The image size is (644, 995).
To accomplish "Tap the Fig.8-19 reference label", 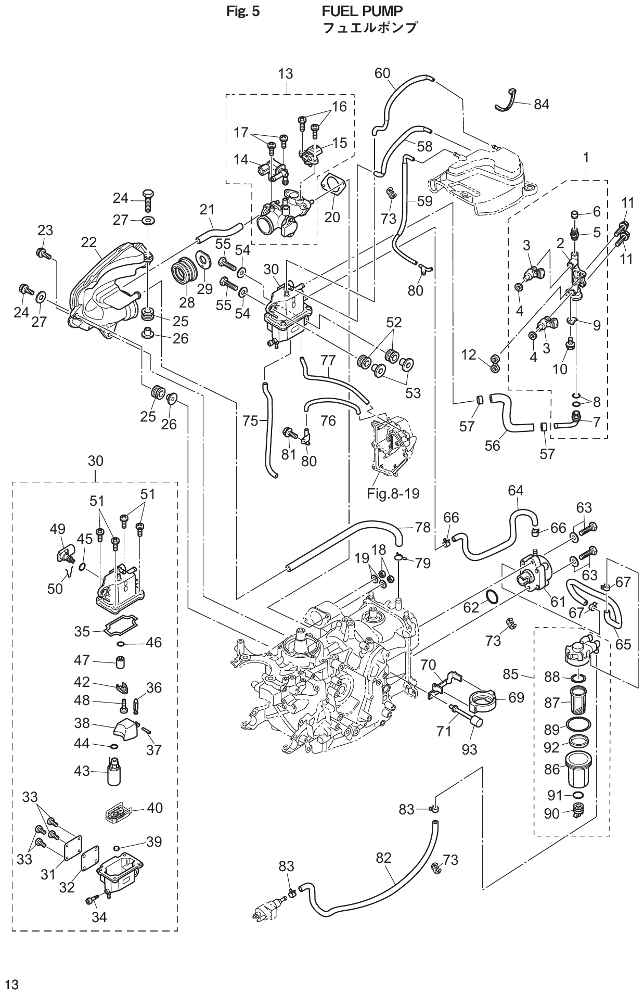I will [x=393, y=493].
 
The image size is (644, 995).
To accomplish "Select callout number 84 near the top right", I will [x=542, y=104].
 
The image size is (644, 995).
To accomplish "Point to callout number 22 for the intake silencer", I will [x=89, y=242].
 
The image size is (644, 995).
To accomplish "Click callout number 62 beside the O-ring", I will [x=471, y=607].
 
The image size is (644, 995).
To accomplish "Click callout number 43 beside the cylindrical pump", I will [x=82, y=771].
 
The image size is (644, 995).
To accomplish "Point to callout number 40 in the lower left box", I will [x=154, y=808].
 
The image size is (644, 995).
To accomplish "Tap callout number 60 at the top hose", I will [x=382, y=73].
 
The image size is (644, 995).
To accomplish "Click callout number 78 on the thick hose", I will [x=423, y=527].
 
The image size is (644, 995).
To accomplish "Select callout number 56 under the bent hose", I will [x=492, y=445].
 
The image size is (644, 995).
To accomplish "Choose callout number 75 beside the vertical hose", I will [x=250, y=420].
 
